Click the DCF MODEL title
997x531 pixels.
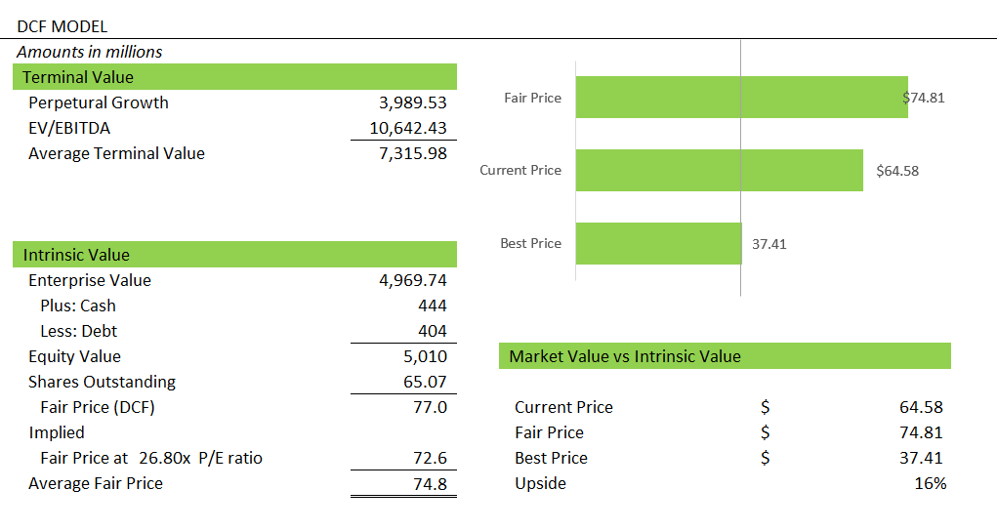62,27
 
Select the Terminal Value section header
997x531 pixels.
78,77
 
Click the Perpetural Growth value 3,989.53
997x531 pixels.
412,102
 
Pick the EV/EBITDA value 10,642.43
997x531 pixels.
408,128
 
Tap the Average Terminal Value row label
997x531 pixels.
116,153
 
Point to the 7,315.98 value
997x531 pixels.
412,153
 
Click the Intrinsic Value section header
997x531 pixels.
76,255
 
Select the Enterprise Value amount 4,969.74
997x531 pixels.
412,280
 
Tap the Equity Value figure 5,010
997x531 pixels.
425,356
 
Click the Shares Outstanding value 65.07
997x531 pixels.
425,382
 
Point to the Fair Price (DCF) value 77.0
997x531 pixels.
430,407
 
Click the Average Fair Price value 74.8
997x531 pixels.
430,483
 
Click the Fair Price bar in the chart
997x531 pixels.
741,98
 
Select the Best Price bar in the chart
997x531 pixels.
658,243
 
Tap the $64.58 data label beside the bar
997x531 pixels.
897,171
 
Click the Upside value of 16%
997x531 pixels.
931,483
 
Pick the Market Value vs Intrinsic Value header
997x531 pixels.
625,356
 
